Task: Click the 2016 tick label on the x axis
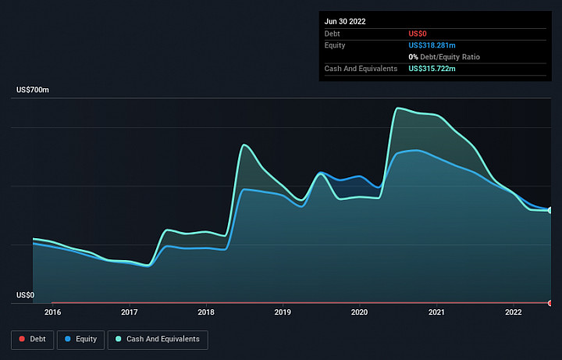[53, 312]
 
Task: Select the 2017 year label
[130, 312]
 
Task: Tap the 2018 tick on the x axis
[206, 312]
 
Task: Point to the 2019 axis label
[283, 312]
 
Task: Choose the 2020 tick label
[360, 312]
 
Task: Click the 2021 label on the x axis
[436, 312]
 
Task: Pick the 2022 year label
[514, 312]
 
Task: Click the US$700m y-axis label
[33, 90]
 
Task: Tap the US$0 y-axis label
[26, 295]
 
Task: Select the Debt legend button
[32, 340]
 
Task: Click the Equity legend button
[80, 340]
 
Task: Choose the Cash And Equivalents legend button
[158, 340]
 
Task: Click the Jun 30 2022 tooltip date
[345, 22]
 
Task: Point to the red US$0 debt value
[418, 34]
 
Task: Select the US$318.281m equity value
[432, 45]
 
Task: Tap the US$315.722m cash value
[432, 69]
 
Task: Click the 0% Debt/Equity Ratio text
[444, 57]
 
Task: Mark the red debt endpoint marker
[550, 303]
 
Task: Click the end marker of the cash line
[550, 211]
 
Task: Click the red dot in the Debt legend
[22, 339]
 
